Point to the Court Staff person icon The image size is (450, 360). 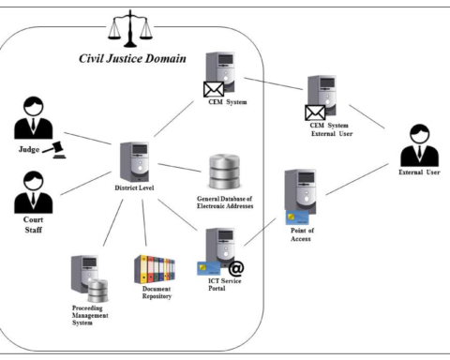(32, 190)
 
